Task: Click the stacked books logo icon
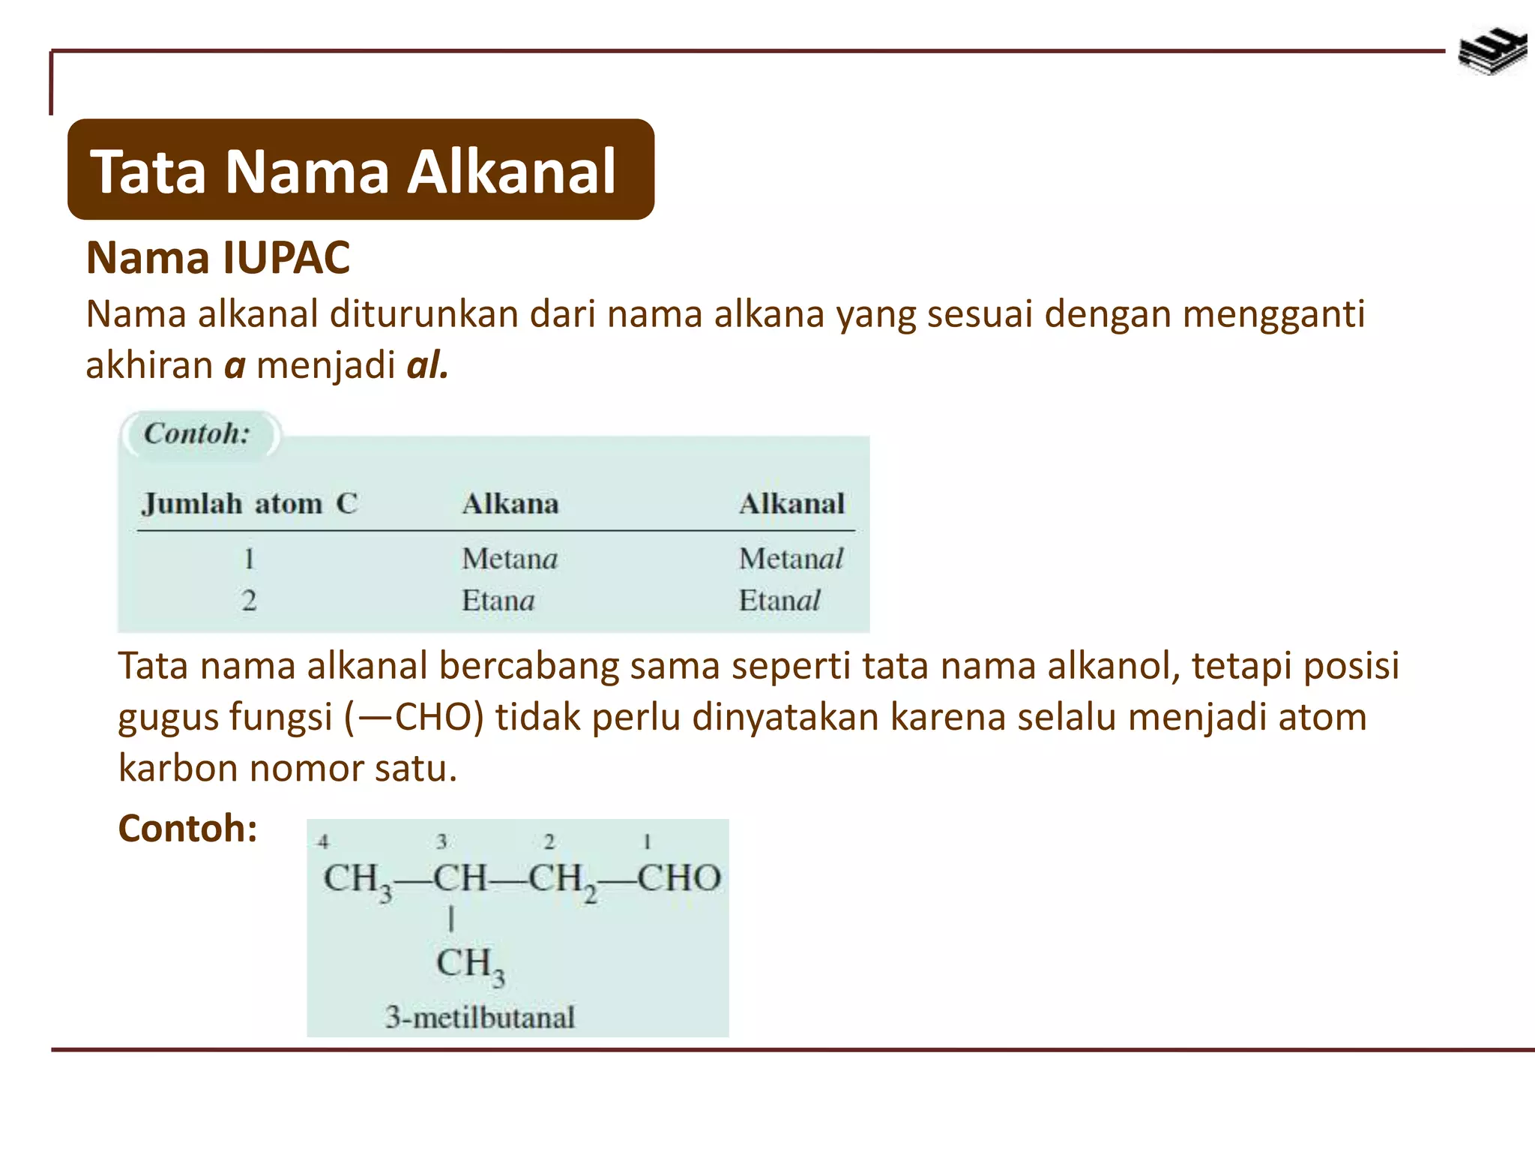click(x=1492, y=51)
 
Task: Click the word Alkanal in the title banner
click(x=512, y=172)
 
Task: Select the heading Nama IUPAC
click(x=218, y=258)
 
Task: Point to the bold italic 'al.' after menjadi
click(x=427, y=365)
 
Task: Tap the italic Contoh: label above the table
click(x=197, y=433)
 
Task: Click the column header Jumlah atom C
click(x=250, y=503)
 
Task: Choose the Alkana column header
click(x=510, y=503)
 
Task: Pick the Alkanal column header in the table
click(x=791, y=503)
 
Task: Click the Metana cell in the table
click(x=510, y=559)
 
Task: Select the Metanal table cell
click(x=791, y=559)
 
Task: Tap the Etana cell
click(x=498, y=600)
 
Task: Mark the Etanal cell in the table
click(x=779, y=600)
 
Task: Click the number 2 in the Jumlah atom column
click(x=249, y=600)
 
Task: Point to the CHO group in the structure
click(x=679, y=877)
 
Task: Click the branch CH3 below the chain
click(x=470, y=965)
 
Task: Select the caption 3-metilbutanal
click(x=480, y=1017)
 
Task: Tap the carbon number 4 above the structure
click(x=323, y=841)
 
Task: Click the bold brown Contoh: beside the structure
click(x=188, y=829)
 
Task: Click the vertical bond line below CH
click(x=451, y=919)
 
